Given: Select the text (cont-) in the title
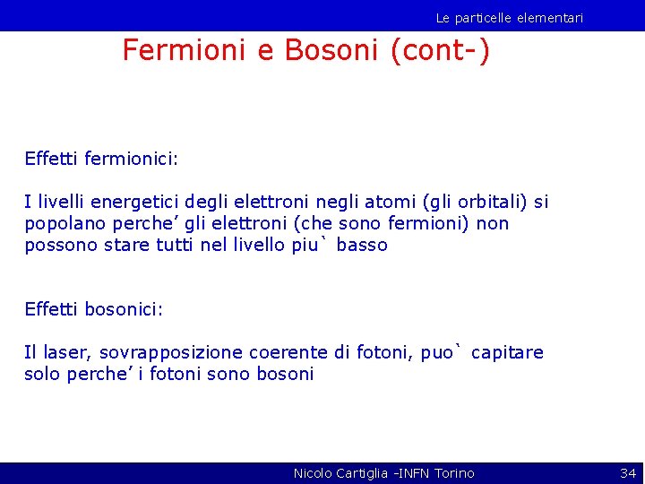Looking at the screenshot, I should [440, 50].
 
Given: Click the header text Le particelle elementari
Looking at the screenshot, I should [509, 18].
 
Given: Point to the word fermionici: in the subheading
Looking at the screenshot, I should [132, 159].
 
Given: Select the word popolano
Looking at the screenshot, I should [61, 224].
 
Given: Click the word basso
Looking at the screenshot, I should [362, 246].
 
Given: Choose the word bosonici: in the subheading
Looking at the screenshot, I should [124, 309].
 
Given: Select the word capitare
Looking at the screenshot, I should [507, 353].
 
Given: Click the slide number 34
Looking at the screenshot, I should [627, 472].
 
